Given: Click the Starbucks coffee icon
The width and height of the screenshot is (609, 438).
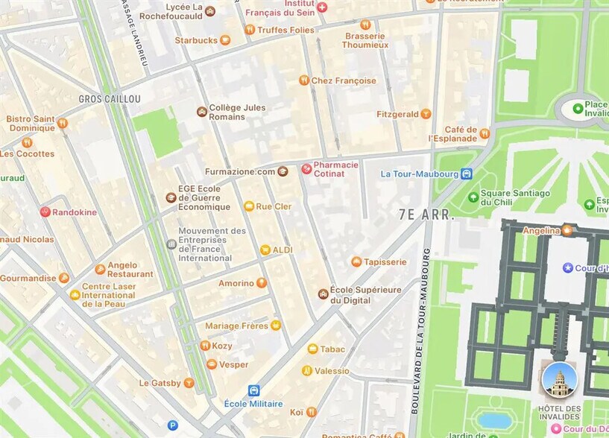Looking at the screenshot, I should point(225,40).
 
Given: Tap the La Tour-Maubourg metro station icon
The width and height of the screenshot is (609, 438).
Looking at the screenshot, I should point(467,174).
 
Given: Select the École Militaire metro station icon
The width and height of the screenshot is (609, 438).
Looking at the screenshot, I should point(253,390).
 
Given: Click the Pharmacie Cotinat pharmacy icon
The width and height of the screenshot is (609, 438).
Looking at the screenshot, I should point(306,169).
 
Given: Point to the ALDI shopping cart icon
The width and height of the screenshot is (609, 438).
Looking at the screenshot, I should point(265,250).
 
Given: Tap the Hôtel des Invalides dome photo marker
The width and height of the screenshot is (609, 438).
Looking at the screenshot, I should point(559,380).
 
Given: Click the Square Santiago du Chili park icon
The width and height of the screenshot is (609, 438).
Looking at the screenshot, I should point(473,197).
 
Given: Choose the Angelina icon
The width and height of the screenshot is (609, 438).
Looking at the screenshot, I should point(567,230).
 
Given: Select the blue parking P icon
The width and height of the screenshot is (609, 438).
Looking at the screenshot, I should point(173,425).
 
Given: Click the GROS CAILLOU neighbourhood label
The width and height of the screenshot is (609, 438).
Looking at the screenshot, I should point(110,98).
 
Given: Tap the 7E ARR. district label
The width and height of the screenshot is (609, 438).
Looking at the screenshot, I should point(426,215).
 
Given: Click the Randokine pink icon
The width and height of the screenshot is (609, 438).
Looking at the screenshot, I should point(45,212).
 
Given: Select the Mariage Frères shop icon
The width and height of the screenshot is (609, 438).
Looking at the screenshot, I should point(276,326).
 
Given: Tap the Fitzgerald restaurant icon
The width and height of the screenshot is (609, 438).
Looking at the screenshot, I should point(426,114).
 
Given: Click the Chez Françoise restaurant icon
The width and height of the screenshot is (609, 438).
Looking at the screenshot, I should point(303,80).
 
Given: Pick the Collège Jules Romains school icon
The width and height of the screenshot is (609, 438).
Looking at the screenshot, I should point(201,112).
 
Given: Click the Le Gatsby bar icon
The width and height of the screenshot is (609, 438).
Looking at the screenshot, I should point(189,383).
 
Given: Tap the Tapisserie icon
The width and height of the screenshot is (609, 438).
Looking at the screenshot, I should point(356,262).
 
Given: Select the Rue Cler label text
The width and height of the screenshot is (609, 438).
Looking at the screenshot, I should point(274,206).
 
